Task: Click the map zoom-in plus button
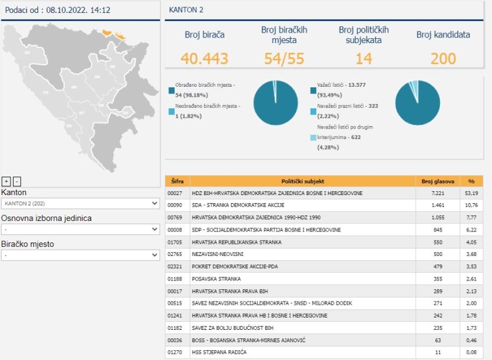click(x=6, y=181)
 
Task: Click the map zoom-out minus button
click(x=17, y=181)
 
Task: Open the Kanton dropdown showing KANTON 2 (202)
click(x=81, y=203)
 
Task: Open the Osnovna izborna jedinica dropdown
click(x=81, y=229)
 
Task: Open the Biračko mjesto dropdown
click(x=81, y=255)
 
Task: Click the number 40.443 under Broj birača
click(x=205, y=58)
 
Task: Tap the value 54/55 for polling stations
click(x=284, y=58)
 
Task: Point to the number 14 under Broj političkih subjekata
click(x=363, y=58)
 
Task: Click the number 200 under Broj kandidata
click(x=443, y=58)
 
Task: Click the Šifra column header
click(x=177, y=182)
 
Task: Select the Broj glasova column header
click(x=438, y=182)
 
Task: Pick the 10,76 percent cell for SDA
click(x=471, y=206)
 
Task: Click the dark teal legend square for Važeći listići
click(x=314, y=90)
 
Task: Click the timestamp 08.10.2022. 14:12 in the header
click(x=80, y=10)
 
